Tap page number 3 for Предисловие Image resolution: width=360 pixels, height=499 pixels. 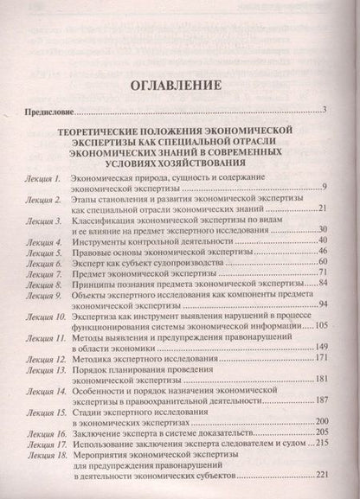tap(321, 109)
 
